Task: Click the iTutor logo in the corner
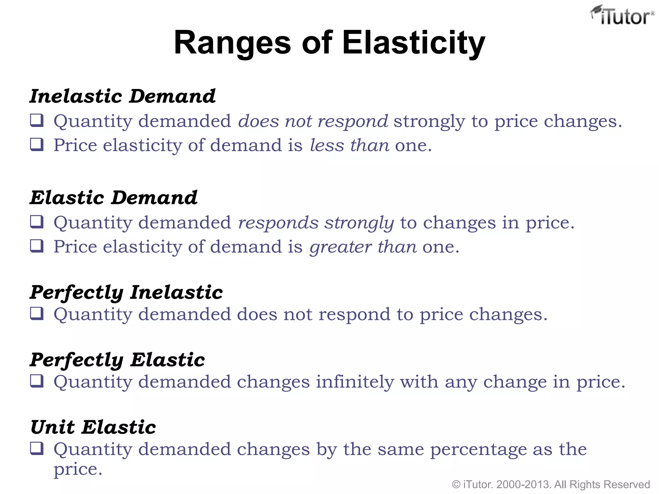pos(622,15)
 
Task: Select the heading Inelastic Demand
pos(123,96)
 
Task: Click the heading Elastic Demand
pos(114,197)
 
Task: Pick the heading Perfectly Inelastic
pos(126,292)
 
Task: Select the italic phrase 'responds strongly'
pos(316,223)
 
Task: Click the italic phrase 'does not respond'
pos(313,121)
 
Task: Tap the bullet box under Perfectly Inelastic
pos(37,314)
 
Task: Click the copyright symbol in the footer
pos(456,484)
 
